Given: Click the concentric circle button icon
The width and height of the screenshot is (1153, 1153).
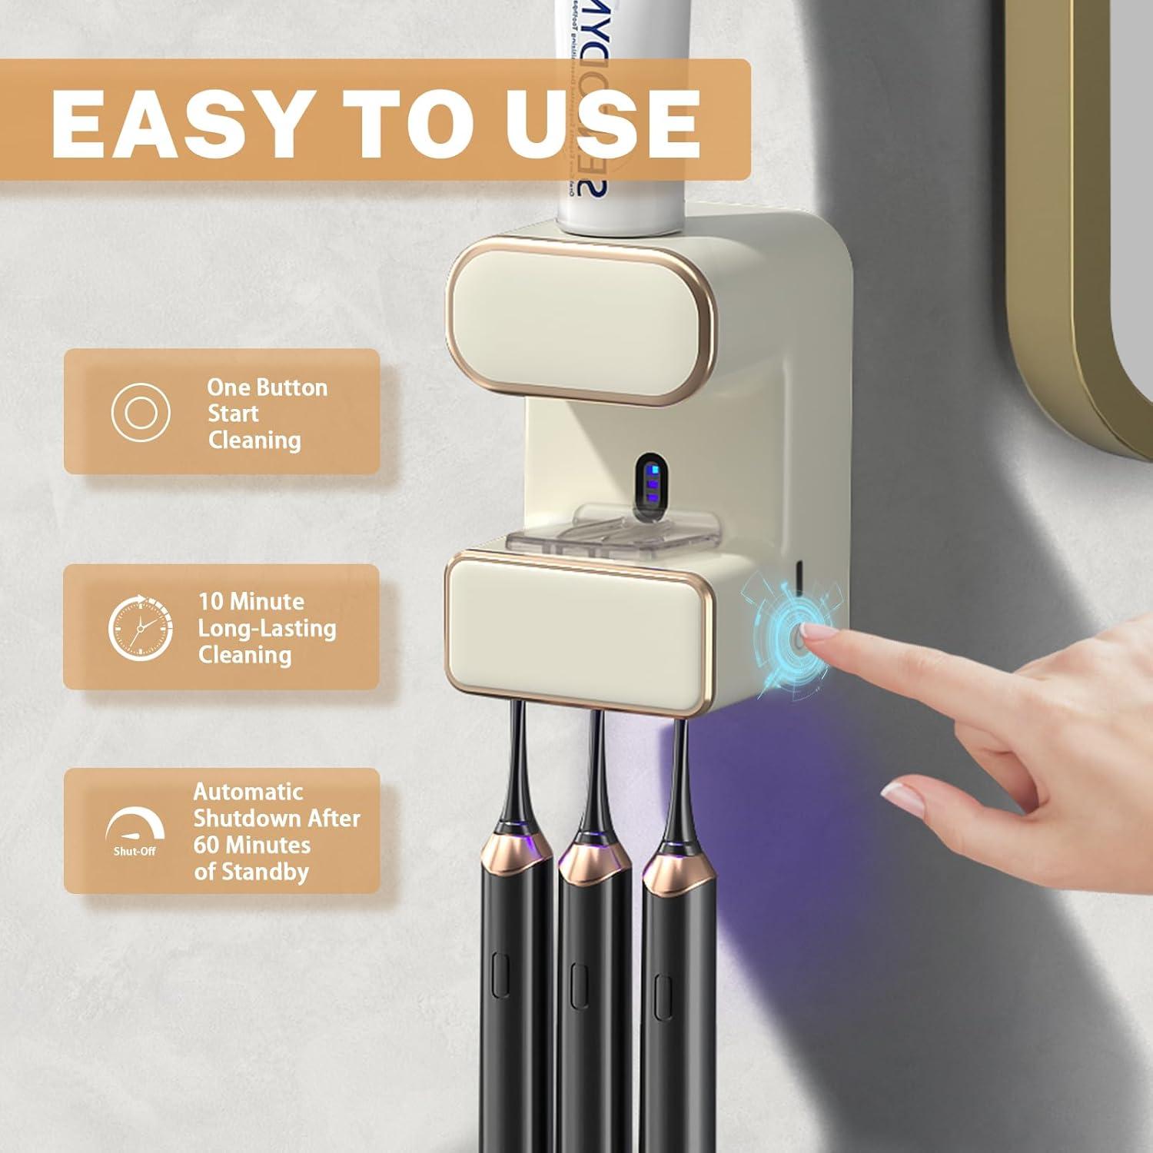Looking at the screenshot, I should (x=140, y=413).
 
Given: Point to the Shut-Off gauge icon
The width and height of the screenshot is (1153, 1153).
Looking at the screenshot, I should (x=135, y=830).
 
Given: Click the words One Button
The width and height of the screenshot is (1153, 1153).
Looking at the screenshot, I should (x=267, y=387).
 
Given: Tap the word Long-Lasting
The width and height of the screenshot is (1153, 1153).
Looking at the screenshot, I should (x=267, y=628).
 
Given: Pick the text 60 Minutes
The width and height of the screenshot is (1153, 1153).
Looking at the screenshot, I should (x=251, y=845).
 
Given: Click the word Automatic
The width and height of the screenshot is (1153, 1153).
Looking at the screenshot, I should (x=248, y=792).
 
